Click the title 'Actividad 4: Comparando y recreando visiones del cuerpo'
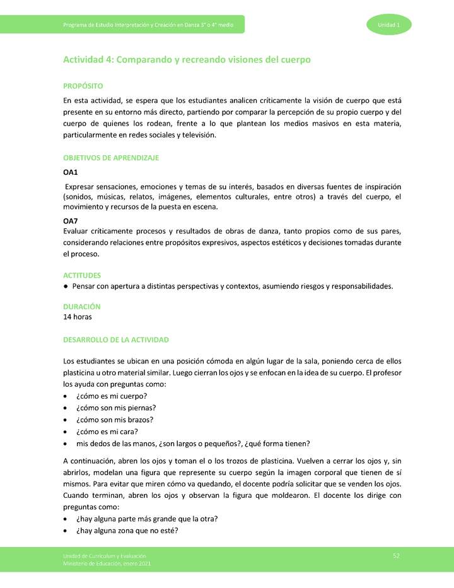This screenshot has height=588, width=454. click(187, 59)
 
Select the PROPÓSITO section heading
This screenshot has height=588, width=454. click(83, 86)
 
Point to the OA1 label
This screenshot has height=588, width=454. click(71, 172)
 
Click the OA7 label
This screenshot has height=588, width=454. click(71, 221)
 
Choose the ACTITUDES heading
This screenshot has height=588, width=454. click(82, 275)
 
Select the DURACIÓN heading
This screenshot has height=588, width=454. click(82, 306)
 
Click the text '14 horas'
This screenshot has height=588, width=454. click(78, 317)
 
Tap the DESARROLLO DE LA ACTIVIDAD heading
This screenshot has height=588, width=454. click(116, 340)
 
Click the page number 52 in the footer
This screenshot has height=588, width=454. click(396, 555)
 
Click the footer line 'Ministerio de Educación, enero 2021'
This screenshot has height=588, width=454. click(107, 563)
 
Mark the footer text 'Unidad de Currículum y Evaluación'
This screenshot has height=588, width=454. click(105, 555)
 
